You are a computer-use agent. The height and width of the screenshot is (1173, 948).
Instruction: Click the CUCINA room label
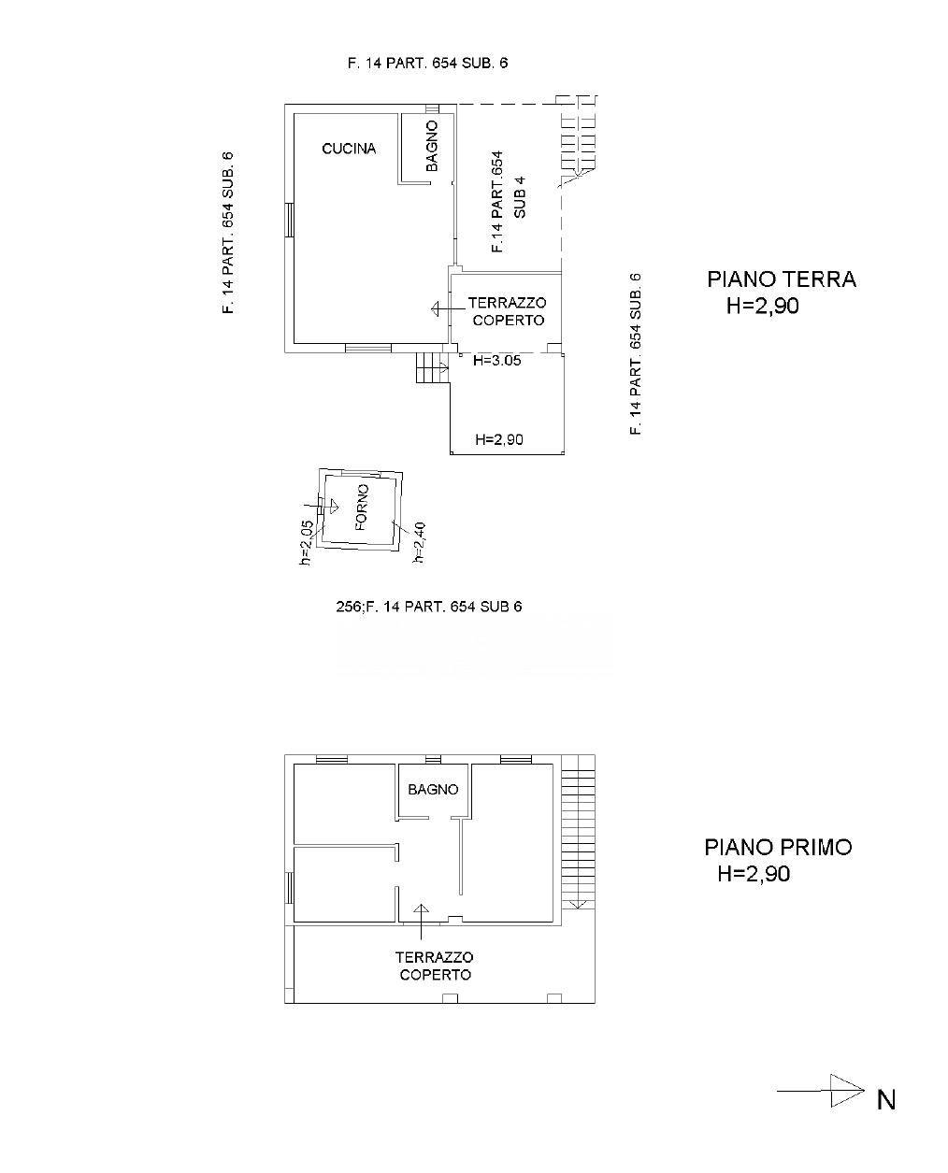(x=349, y=148)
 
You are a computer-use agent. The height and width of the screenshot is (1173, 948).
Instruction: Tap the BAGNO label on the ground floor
(x=432, y=146)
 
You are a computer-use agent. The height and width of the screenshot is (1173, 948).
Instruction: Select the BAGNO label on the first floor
(x=433, y=789)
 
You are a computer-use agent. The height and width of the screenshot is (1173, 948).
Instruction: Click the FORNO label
(x=362, y=507)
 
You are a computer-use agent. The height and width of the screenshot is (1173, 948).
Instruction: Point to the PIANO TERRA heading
(x=781, y=279)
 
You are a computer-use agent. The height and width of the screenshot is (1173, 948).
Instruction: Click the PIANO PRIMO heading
(x=779, y=847)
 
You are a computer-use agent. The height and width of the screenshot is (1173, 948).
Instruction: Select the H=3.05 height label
(x=496, y=361)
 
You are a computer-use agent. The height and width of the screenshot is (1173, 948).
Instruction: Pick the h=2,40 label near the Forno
(x=419, y=542)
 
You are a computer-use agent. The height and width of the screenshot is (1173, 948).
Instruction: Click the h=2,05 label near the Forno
(x=307, y=542)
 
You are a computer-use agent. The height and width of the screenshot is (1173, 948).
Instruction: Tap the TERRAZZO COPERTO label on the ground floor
(x=508, y=311)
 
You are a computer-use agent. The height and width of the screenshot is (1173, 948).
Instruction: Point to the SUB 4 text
(x=520, y=197)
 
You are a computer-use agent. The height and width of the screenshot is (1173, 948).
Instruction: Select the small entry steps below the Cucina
(x=432, y=367)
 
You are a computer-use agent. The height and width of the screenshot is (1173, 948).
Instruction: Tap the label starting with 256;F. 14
(x=428, y=607)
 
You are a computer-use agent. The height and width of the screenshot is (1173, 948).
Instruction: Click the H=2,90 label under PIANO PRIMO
(x=754, y=873)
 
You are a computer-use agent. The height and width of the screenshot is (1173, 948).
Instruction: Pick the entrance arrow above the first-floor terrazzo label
(x=422, y=922)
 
